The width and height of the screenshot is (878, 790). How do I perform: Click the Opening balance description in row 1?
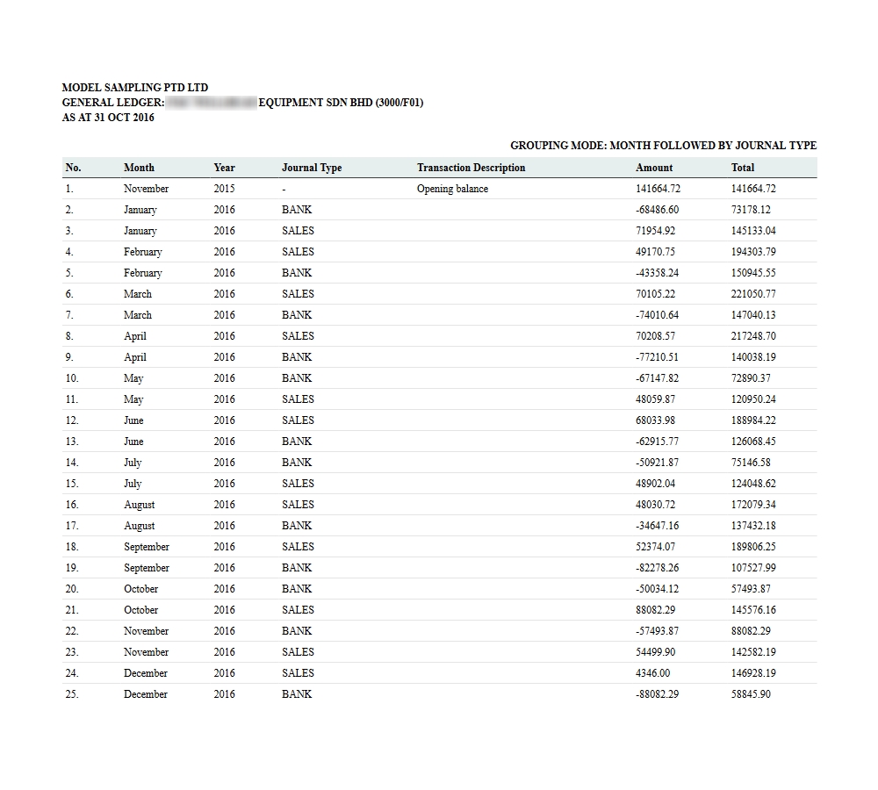tap(452, 189)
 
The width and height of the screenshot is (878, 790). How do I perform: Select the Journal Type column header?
tap(312, 168)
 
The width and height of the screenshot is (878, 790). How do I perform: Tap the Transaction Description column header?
tap(471, 168)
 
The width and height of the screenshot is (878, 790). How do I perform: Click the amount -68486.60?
tap(657, 210)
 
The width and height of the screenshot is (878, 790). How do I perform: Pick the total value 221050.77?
tap(753, 294)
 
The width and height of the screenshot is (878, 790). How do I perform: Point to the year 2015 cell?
tap(224, 189)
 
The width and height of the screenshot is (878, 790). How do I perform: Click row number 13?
tap(72, 442)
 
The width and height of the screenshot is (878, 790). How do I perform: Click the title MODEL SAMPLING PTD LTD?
tap(135, 88)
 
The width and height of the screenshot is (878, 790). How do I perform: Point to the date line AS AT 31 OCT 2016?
tap(108, 118)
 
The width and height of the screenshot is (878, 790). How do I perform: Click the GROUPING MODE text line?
tap(663, 146)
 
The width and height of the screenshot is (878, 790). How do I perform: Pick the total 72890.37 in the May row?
tap(751, 378)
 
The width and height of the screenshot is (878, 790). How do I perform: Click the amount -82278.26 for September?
tap(657, 568)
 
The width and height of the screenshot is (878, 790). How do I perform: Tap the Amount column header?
tap(654, 168)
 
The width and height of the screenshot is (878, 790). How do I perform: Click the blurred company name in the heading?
tap(211, 103)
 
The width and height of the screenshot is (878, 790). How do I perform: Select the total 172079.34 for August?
tap(753, 505)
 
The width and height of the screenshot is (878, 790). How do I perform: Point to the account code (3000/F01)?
tap(399, 103)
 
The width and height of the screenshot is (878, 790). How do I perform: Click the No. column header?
tap(73, 168)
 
